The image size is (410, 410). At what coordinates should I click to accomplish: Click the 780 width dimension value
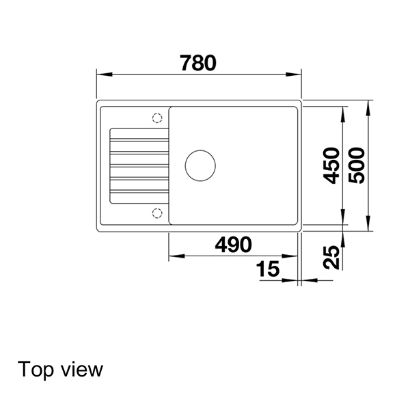[x=198, y=63]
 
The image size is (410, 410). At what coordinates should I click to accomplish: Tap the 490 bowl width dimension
[x=232, y=244]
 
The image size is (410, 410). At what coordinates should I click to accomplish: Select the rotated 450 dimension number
[x=331, y=165]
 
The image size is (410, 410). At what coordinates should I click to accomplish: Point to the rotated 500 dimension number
[x=356, y=165]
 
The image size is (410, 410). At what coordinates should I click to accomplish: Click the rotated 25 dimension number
[x=331, y=257]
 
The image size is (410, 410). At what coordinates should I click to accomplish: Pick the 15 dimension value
[x=269, y=270]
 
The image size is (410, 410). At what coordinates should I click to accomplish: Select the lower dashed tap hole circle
[x=156, y=213]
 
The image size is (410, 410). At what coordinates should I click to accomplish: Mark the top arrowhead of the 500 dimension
[x=368, y=105]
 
